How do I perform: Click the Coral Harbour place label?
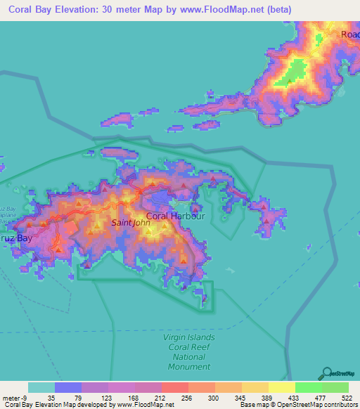tap(175, 216)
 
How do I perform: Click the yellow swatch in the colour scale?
tap(281, 387)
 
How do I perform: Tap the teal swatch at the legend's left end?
tap(41, 387)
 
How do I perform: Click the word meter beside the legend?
tap(11, 397)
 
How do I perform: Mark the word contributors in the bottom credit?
tap(340, 405)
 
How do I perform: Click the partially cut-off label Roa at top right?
tap(349, 34)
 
